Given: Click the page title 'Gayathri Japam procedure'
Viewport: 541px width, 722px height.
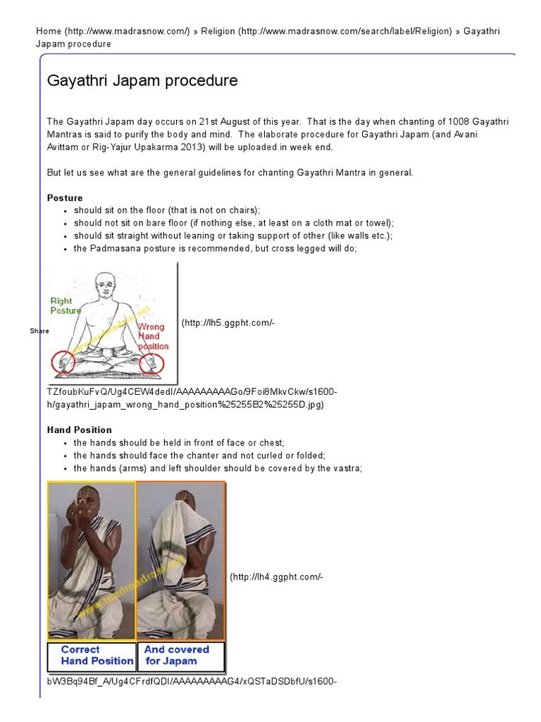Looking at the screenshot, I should coord(142,81).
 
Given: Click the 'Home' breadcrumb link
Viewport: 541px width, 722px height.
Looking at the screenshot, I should coord(48,32).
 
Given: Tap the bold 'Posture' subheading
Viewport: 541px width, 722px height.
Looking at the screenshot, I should coord(65,198).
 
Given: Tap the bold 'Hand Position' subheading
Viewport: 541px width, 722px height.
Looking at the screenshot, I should coord(80,429).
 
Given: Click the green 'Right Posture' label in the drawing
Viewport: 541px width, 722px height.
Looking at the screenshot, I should coord(66,305).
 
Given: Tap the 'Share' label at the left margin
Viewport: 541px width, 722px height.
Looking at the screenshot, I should coord(39,331).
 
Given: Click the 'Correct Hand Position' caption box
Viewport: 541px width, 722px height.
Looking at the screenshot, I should coord(92,655).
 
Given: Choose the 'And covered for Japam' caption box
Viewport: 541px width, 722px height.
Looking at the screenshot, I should coord(181,655).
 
